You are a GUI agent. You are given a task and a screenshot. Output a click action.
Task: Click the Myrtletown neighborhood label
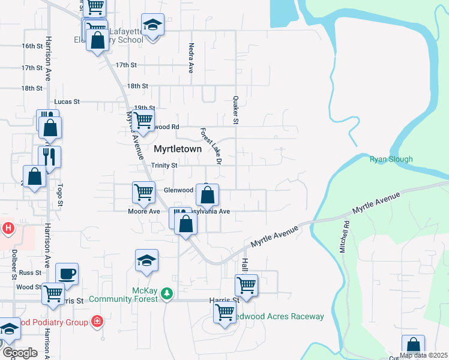[x=177, y=148]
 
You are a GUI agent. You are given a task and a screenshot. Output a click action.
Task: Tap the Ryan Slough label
[x=391, y=159]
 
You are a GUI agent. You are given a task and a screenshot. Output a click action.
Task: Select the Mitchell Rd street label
[x=345, y=237]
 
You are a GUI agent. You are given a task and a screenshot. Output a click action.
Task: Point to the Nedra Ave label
[x=191, y=58]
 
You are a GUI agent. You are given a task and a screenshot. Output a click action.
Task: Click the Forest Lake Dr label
[x=211, y=146]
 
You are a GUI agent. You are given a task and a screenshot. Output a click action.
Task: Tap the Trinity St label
[x=164, y=165]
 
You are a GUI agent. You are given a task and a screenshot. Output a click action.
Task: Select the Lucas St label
[x=67, y=102]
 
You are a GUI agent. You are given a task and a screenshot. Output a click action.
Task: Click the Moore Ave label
[x=143, y=211]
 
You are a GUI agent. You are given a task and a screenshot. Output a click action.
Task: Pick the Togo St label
[x=61, y=196]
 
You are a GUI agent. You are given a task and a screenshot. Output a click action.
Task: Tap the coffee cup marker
[x=67, y=274]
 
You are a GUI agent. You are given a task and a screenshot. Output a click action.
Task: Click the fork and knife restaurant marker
[x=49, y=157]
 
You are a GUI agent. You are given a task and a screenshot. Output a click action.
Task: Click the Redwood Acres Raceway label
[x=279, y=316]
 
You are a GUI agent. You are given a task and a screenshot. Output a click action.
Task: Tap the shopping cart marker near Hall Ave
[x=246, y=284]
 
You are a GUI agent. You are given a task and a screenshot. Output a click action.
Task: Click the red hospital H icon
[x=8, y=228]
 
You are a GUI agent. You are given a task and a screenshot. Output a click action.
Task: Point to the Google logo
[x=20, y=353]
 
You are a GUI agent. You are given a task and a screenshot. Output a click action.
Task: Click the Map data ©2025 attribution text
[x=423, y=355]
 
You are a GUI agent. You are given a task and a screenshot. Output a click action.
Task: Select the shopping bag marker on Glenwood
[x=208, y=195]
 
